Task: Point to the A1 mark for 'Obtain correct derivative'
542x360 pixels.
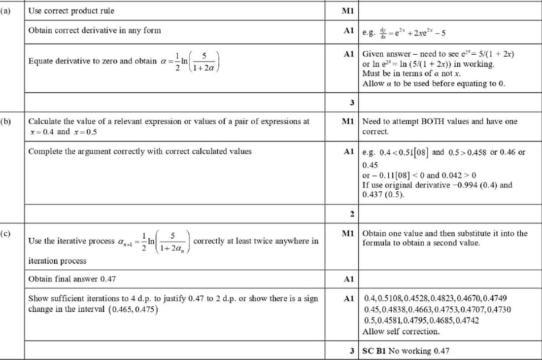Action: click(349, 31)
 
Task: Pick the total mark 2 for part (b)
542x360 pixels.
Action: click(352, 214)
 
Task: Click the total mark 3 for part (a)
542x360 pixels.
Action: click(352, 103)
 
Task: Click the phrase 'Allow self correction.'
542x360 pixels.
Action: click(401, 331)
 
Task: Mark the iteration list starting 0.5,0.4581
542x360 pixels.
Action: click(421, 320)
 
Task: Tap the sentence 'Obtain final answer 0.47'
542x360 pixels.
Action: click(72, 279)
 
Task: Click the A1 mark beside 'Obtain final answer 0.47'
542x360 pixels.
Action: click(349, 279)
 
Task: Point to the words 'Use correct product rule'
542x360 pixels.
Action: click(71, 10)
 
